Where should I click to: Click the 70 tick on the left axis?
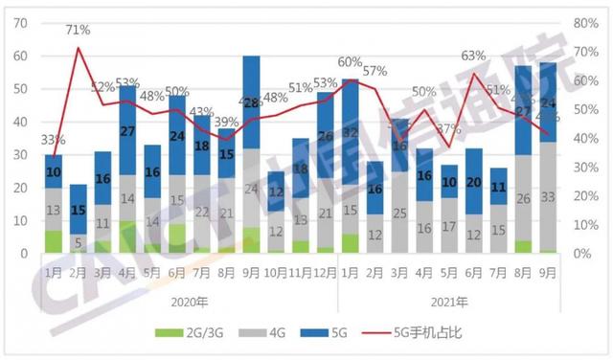point(19,23)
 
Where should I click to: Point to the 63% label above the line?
point(473,56)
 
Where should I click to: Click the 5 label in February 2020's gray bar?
point(79,243)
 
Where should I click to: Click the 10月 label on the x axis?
point(276,272)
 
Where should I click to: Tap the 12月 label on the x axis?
point(326,272)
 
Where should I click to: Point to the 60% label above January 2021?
point(350,62)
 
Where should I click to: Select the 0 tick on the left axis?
point(23,254)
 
